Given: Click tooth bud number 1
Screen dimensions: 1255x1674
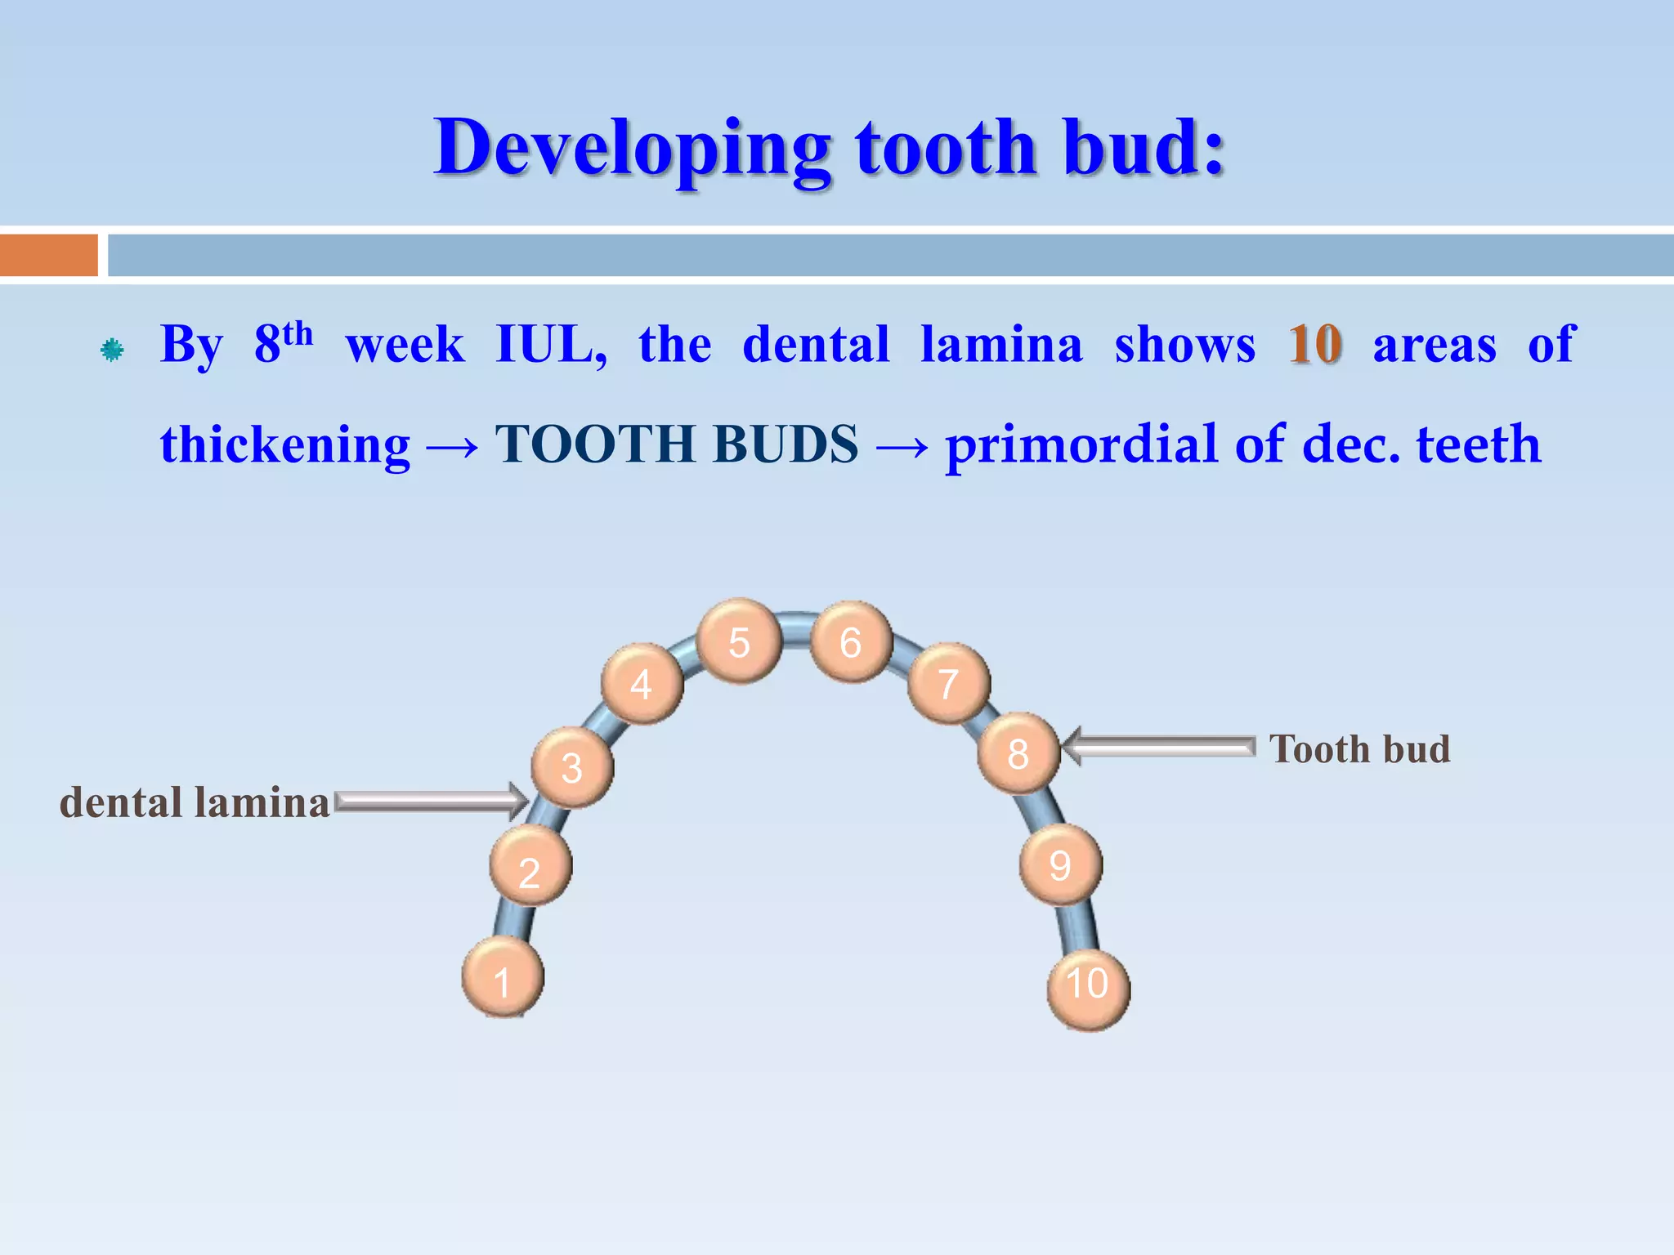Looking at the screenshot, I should [503, 977].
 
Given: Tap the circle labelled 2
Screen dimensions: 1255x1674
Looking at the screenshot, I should [530, 866].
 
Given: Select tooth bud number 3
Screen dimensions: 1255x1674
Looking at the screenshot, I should [572, 767].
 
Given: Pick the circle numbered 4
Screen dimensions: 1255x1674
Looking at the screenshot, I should [642, 683].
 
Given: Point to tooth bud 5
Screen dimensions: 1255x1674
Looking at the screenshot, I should [739, 641].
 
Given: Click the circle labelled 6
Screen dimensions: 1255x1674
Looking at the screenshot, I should [851, 641].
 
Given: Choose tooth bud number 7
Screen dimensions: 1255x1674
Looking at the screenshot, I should [948, 683].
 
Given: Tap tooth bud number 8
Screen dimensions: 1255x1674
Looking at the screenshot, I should [1018, 753].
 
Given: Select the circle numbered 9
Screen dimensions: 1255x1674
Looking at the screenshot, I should [1060, 864].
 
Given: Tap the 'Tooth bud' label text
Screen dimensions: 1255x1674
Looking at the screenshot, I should [1359, 749].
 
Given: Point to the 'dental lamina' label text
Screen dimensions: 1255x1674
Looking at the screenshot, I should [195, 802].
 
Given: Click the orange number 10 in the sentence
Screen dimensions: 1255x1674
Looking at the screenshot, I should [1314, 345].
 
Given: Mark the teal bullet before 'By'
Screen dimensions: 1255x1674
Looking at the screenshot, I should [112, 351].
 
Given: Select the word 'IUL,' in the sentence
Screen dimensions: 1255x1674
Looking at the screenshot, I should [552, 345].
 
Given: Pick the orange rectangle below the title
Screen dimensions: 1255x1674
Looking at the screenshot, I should [49, 255].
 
